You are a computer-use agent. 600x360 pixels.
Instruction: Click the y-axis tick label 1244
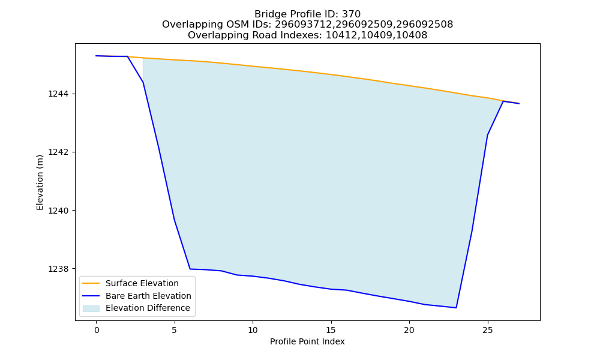click(59, 94)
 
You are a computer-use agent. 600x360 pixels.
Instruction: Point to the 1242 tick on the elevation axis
click(59, 152)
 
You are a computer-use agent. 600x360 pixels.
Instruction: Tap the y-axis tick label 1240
click(59, 211)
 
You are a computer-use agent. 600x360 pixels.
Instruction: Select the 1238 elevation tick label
click(59, 269)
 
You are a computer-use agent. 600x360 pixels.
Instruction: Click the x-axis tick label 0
click(97, 330)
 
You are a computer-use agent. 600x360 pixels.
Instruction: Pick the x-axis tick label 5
click(175, 330)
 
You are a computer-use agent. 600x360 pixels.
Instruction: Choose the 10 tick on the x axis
click(253, 330)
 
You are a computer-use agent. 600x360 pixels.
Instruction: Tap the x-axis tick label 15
click(331, 330)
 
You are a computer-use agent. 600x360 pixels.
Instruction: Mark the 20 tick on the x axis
click(409, 330)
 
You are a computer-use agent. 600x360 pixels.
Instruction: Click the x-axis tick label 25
click(487, 330)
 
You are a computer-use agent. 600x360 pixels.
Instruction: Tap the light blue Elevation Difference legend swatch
click(91, 308)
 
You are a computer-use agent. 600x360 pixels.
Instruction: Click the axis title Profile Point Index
click(307, 341)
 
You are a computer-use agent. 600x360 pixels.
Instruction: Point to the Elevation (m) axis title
click(40, 182)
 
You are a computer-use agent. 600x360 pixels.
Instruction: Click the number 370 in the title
click(351, 14)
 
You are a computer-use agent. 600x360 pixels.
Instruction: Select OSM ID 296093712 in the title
click(305, 25)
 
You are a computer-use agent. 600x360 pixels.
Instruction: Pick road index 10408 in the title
click(412, 35)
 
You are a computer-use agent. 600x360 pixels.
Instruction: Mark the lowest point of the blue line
click(456, 308)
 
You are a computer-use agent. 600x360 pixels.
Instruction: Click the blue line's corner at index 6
click(190, 269)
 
